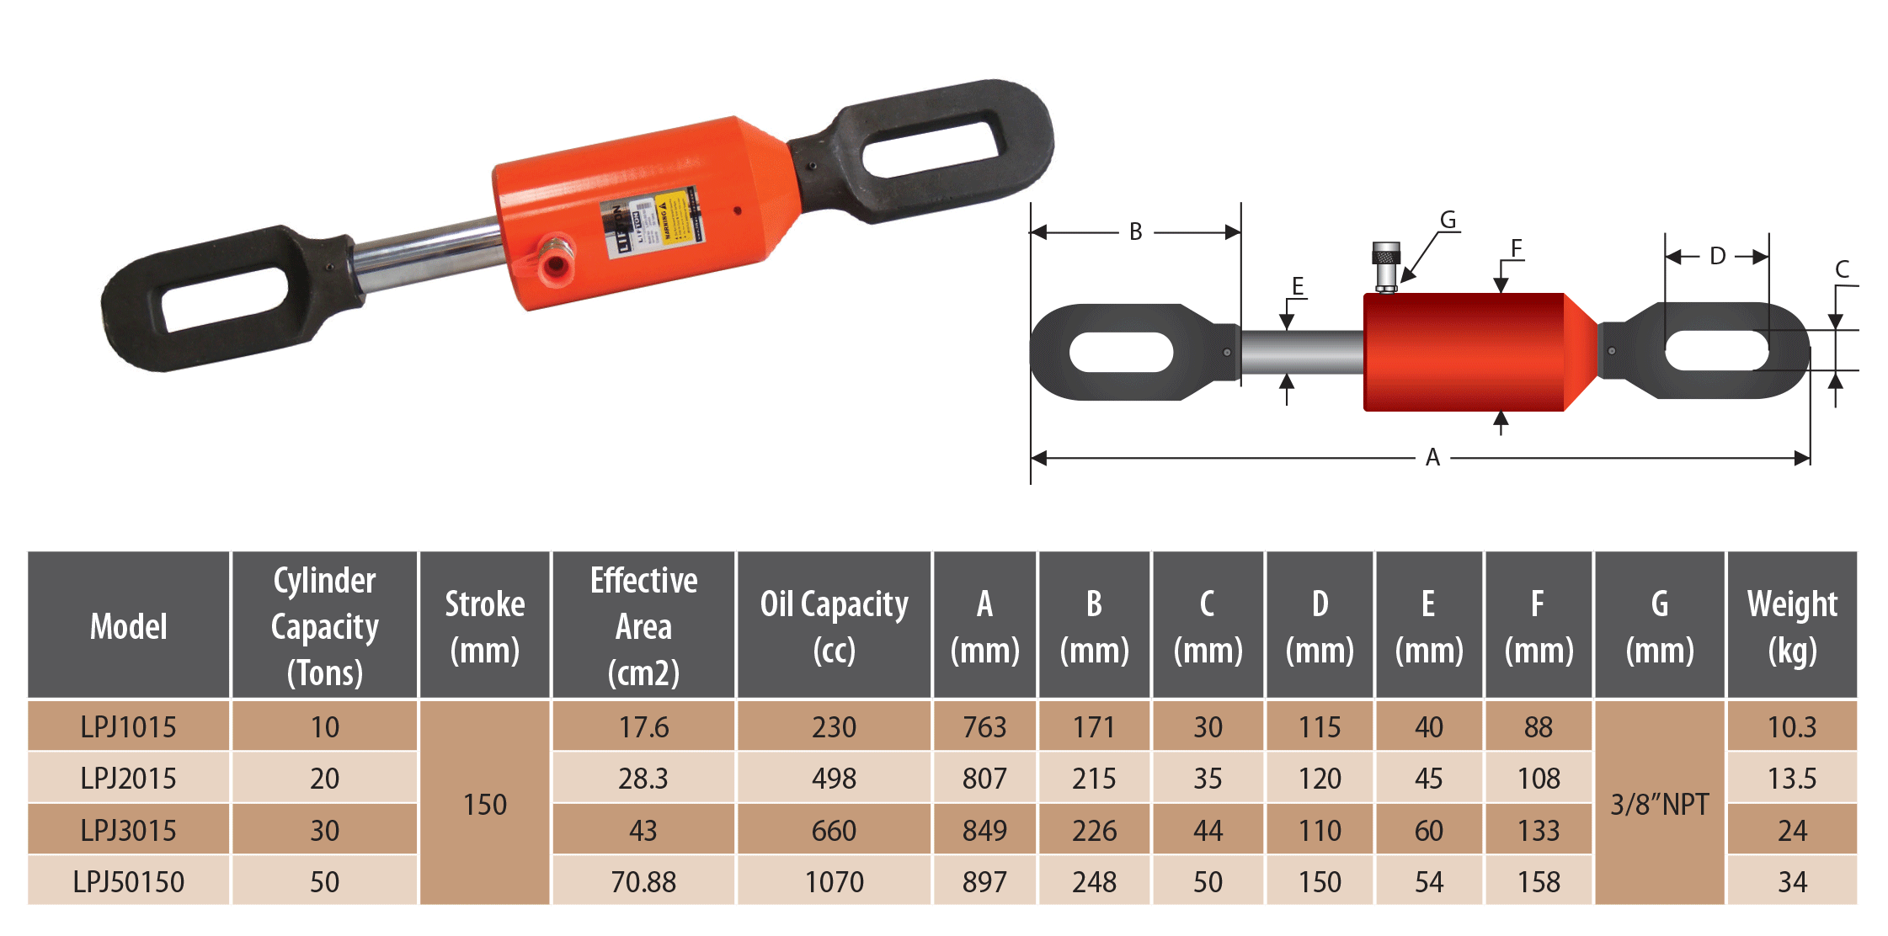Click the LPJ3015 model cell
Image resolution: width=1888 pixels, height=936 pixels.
point(128,830)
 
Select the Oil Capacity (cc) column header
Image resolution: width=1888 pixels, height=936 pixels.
point(834,625)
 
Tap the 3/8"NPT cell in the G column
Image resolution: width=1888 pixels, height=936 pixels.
point(1659,804)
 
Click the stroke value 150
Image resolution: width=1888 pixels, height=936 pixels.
point(485,804)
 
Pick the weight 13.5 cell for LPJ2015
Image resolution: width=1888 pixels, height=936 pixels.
point(1792,778)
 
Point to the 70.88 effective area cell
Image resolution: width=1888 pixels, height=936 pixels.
point(643,881)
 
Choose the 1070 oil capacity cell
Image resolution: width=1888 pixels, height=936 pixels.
point(834,881)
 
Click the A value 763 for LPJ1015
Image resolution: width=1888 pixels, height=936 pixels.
point(984,726)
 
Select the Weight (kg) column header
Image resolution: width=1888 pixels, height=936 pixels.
point(1792,625)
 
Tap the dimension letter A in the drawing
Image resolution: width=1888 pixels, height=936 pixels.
point(1432,458)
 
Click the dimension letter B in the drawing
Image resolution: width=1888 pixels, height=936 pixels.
point(1135,231)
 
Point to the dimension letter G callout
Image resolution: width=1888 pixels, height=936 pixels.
point(1448,220)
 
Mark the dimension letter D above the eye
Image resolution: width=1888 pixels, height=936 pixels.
point(1717,256)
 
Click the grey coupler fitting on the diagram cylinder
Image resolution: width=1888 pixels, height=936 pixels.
point(1385,266)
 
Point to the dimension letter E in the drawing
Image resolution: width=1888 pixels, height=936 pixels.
point(1298,286)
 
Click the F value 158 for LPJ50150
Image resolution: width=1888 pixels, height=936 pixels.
point(1539,881)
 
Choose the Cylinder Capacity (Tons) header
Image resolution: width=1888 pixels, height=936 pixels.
point(324,625)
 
